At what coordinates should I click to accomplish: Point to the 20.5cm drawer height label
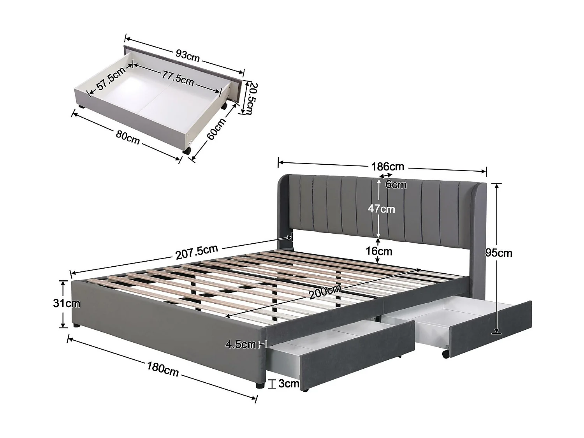coord(248,98)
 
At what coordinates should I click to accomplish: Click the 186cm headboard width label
coord(387,167)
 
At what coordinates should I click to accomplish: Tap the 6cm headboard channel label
coord(396,185)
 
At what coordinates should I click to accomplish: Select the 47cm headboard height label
coord(382,209)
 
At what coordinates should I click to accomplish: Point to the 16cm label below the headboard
coord(379,251)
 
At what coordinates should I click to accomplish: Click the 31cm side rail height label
coord(67,303)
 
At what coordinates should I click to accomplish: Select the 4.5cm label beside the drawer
coord(241,344)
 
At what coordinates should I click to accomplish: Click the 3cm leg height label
coord(289,384)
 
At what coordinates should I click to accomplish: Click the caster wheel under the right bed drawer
coord(445,353)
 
